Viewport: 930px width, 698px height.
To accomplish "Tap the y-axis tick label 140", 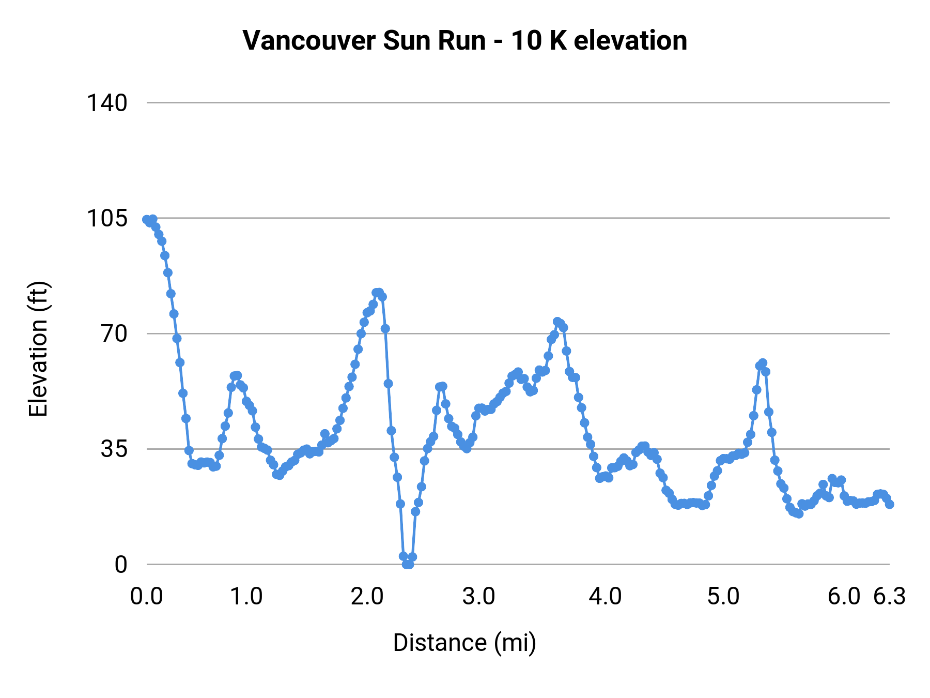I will [106, 103].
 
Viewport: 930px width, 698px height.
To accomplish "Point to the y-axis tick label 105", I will [106, 218].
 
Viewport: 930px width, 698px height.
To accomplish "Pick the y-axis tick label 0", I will [120, 564].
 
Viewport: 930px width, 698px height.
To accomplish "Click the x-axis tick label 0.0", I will [147, 596].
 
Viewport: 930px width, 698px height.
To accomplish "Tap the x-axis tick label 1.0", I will [246, 596].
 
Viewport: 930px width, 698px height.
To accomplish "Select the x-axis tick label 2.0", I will [367, 596].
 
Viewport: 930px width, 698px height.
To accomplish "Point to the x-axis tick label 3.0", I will [478, 596].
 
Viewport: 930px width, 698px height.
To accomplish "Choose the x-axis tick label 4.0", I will [605, 596].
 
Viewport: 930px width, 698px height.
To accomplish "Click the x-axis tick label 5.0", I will [723, 596].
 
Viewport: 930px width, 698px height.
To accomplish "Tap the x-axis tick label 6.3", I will [889, 596].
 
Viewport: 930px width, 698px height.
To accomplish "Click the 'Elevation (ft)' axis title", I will [38, 349].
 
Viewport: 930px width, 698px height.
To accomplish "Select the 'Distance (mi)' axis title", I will [464, 643].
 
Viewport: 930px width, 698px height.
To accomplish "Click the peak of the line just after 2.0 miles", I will [378, 293].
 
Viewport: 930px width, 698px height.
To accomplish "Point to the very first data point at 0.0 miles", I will [147, 219].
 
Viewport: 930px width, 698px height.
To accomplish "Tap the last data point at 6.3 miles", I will [889, 504].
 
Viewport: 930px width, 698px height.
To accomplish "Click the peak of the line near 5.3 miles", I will [763, 363].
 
